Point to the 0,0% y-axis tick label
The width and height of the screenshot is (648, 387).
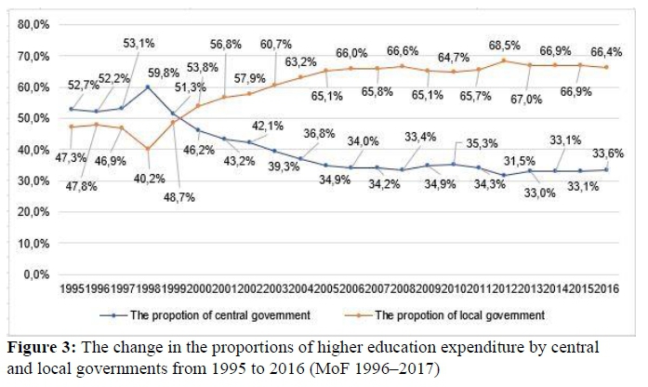[x=35, y=274]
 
